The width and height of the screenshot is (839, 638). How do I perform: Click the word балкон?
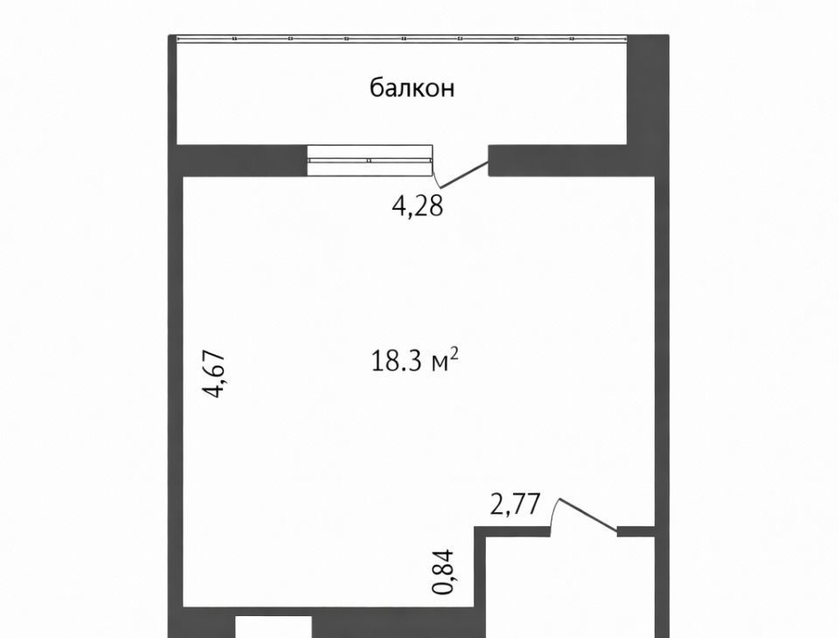[x=412, y=87]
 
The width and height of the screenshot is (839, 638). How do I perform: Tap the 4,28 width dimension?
[x=418, y=206]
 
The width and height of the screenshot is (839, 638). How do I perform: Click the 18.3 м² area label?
[x=414, y=360]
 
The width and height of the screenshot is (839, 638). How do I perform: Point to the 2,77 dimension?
[x=516, y=504]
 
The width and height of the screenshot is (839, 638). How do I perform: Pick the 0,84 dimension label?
[x=444, y=572]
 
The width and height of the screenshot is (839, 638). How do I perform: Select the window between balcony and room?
[x=370, y=160]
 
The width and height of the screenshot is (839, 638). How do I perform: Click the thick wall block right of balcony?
[x=648, y=90]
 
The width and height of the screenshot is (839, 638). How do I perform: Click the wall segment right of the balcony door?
[x=572, y=161]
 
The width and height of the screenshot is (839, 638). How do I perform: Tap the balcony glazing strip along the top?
[x=402, y=38]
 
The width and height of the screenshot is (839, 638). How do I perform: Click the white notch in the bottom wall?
[x=274, y=627]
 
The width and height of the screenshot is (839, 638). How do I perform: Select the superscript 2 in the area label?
[x=454, y=353]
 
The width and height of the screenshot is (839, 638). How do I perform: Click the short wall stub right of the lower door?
[x=636, y=531]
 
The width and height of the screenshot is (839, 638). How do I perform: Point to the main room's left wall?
[x=176, y=391]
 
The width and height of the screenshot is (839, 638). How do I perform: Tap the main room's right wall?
[x=662, y=391]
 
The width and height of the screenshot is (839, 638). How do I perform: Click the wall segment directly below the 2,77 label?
[x=513, y=531]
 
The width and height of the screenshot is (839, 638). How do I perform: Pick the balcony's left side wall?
[x=172, y=90]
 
